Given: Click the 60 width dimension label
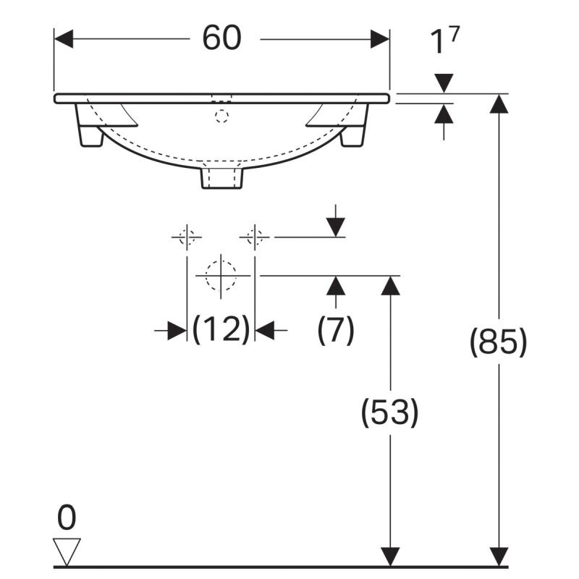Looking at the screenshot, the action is pyautogui.click(x=221, y=38).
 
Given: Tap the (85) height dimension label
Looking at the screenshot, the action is pyautogui.click(x=498, y=342).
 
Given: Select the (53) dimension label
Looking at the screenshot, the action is pyautogui.click(x=389, y=412).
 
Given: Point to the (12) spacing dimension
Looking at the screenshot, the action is pyautogui.click(x=221, y=329).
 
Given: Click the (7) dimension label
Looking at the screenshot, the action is pyautogui.click(x=336, y=329).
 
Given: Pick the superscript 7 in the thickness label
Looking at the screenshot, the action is pyautogui.click(x=455, y=34).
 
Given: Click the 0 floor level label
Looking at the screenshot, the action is pyautogui.click(x=67, y=517).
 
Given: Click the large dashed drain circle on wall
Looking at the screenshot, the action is pyautogui.click(x=221, y=276).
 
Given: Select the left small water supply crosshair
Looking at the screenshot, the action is pyautogui.click(x=187, y=237).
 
